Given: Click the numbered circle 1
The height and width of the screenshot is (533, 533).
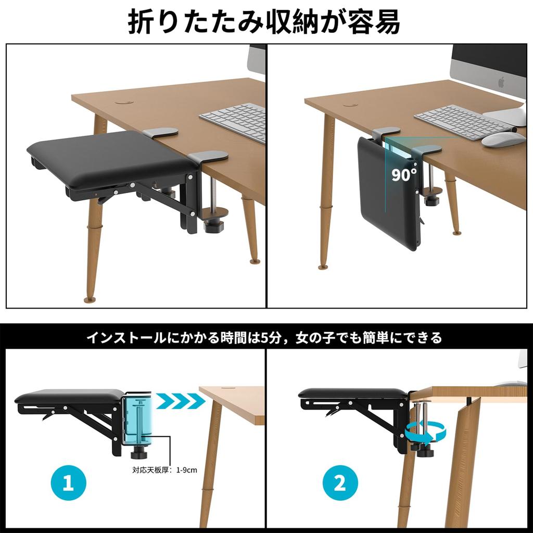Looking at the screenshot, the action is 68,482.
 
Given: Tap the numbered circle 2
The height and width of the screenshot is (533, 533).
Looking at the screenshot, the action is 340,483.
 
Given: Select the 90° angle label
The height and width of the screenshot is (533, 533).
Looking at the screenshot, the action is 403,174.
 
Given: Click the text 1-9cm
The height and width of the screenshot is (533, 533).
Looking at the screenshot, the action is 187,470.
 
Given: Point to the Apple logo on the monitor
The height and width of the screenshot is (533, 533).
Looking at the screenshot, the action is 501,82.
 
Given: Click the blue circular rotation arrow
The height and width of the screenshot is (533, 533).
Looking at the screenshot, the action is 425,432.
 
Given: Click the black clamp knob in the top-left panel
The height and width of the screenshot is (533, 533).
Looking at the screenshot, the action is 213,226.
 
